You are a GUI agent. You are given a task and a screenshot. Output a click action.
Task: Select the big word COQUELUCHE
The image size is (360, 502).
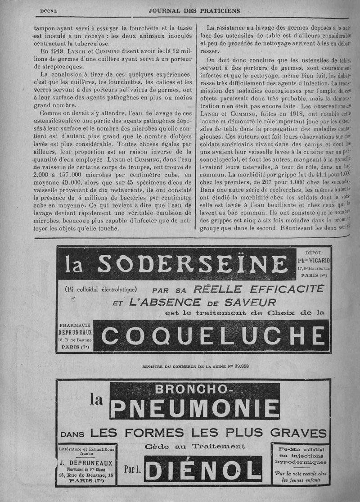coord(213,336)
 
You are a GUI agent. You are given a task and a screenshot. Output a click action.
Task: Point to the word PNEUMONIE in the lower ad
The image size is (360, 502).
coord(195,408)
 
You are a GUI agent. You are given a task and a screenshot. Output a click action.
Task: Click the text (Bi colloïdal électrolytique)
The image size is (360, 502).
coord(101,289)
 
